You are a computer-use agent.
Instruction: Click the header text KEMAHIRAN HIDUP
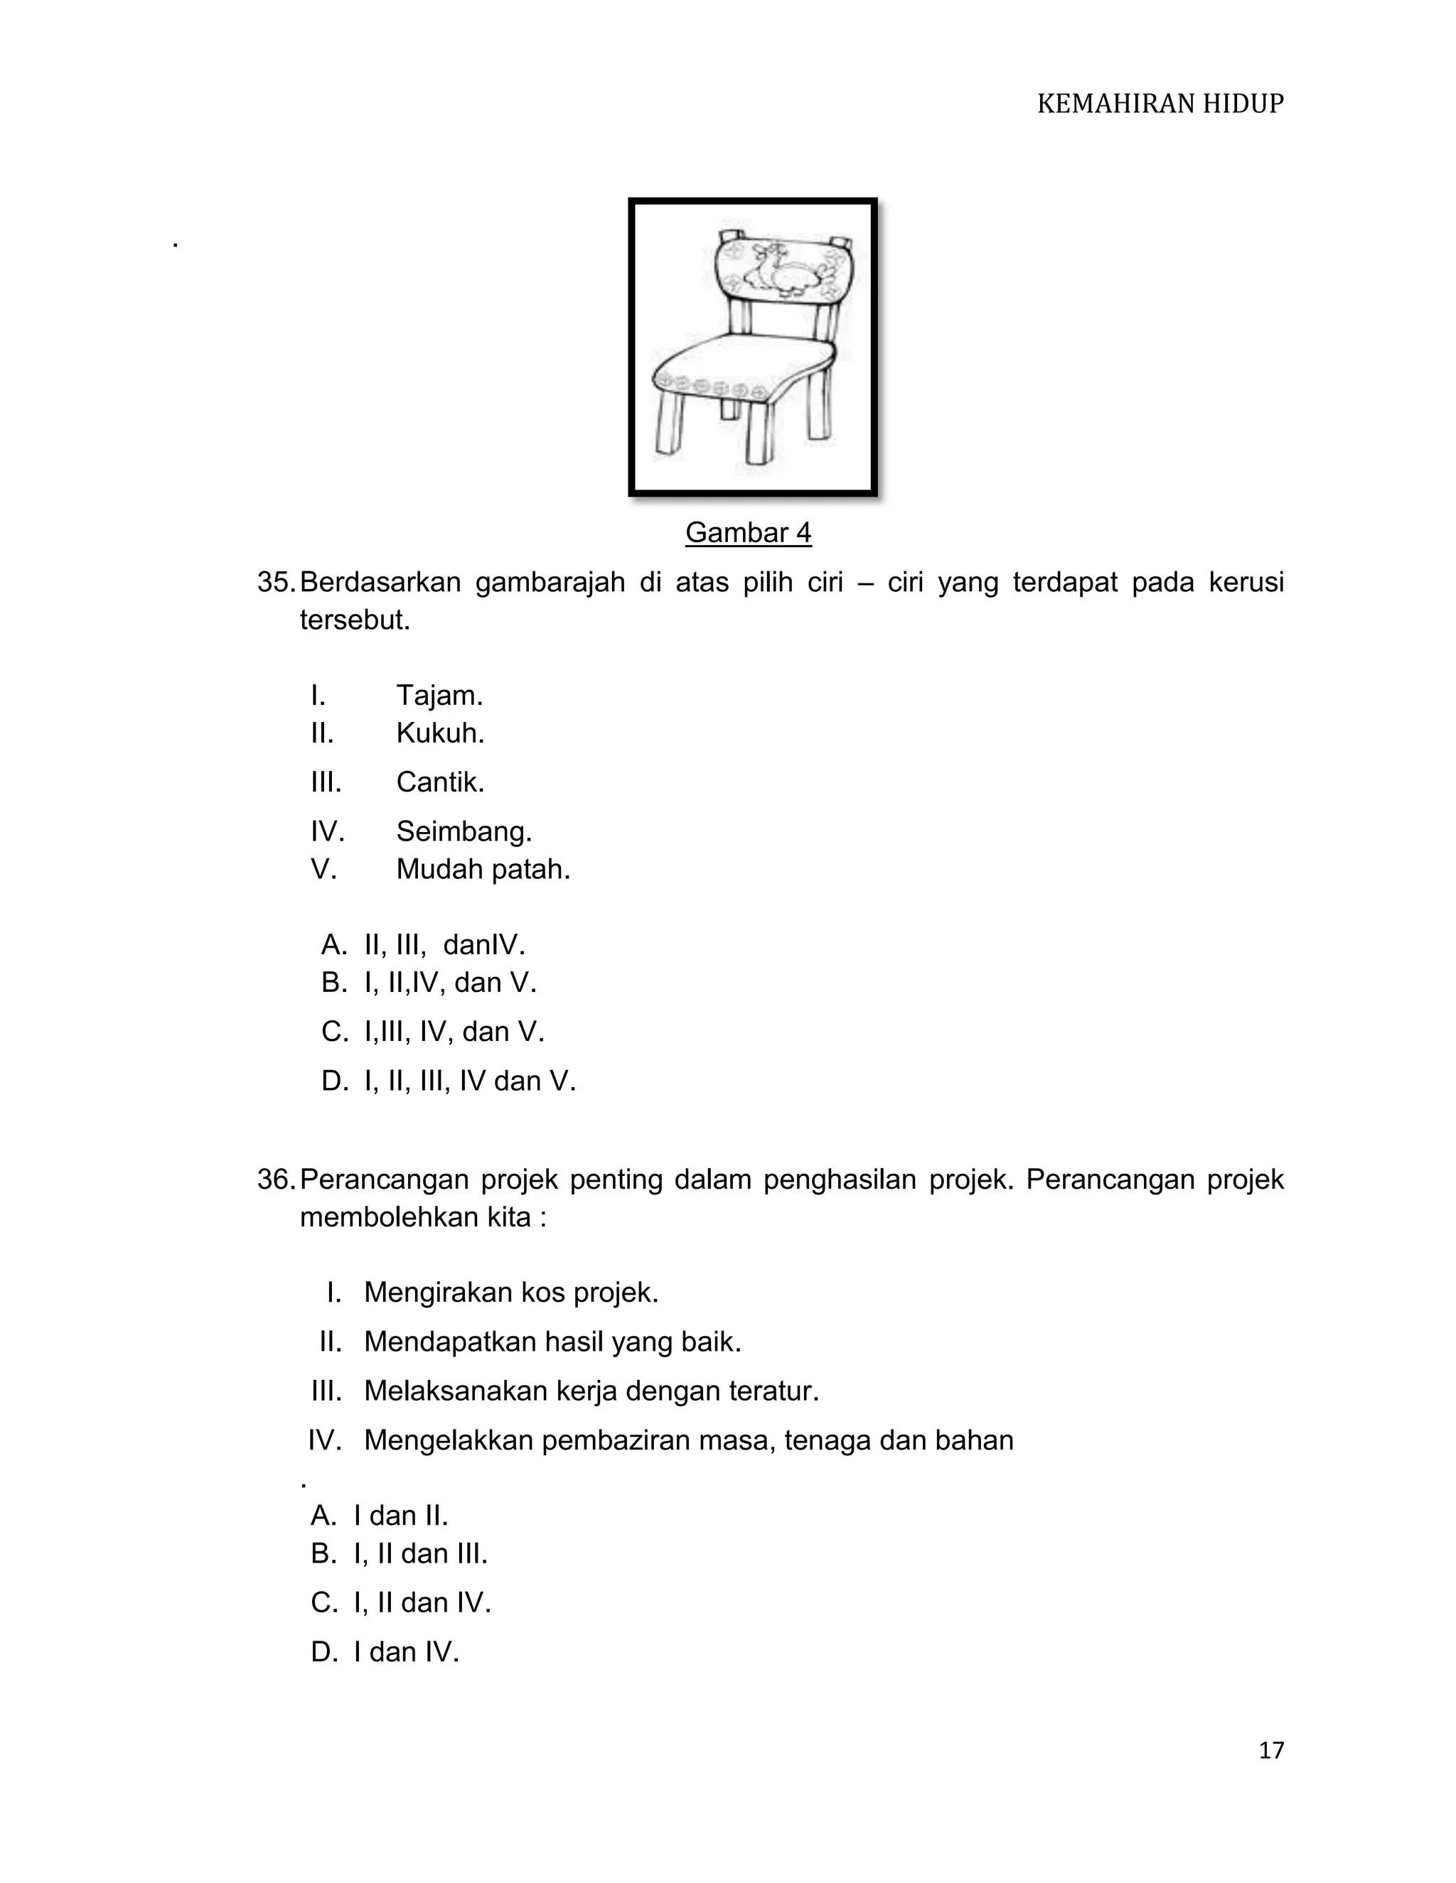pyautogui.click(x=1160, y=104)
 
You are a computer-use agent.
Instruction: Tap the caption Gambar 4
pyautogui.click(x=748, y=533)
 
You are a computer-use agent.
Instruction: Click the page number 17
pyautogui.click(x=1270, y=1749)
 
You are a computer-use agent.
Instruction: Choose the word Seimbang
pyautogui.click(x=464, y=831)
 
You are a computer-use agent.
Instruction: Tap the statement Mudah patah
pyautogui.click(x=482, y=869)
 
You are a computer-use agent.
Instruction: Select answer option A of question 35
pyautogui.click(x=423, y=945)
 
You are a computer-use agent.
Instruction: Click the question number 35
pyautogui.click(x=275, y=583)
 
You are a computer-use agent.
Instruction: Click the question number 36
pyautogui.click(x=275, y=1179)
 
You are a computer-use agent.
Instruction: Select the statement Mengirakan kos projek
pyautogui.click(x=510, y=1292)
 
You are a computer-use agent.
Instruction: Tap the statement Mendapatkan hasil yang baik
pyautogui.click(x=552, y=1342)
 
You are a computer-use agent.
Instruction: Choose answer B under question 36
pyautogui.click(x=400, y=1553)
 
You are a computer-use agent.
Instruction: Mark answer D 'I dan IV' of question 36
pyautogui.click(x=385, y=1652)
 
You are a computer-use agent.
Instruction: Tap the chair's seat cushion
pyautogui.click(x=742, y=362)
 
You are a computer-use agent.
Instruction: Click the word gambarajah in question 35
pyautogui.click(x=550, y=583)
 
